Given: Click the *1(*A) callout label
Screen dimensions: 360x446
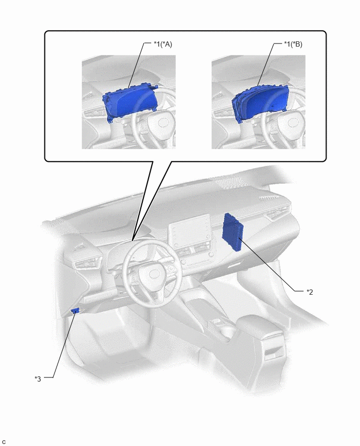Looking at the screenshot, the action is [163, 44].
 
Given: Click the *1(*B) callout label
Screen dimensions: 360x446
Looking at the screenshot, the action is [293, 44].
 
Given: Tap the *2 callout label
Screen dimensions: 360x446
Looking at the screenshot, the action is [310, 292].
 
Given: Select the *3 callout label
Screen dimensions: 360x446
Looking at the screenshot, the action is [38, 379].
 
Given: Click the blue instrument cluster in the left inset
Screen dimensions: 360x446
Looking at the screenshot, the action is [130, 102].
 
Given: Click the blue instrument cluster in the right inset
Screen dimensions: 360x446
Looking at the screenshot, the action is [260, 103].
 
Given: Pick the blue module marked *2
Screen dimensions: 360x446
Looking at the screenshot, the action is [233, 232].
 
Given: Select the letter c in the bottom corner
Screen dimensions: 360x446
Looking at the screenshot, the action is [4, 442].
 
